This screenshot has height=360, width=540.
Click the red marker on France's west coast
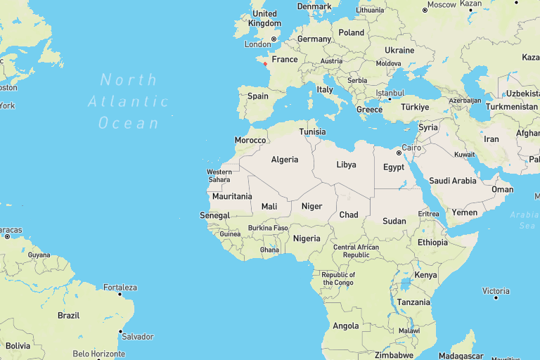point(265,64)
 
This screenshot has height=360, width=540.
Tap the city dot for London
point(274,39)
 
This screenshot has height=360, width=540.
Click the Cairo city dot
point(398,153)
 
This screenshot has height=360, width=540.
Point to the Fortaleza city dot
point(120,295)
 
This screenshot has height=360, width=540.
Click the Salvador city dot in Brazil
point(120,331)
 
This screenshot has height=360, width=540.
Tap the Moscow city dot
point(425,10)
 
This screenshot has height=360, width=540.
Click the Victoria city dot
point(496,297)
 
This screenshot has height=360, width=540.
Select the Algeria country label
point(285,160)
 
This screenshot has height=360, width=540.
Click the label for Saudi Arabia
point(452,181)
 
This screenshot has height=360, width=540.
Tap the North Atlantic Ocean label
point(129,101)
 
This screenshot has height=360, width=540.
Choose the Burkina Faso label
point(268,228)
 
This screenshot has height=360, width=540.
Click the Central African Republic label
point(356,251)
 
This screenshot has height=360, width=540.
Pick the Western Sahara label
point(219,176)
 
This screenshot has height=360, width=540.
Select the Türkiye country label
point(415,107)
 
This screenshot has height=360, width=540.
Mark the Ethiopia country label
point(432,243)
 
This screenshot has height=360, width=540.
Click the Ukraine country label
point(399,51)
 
